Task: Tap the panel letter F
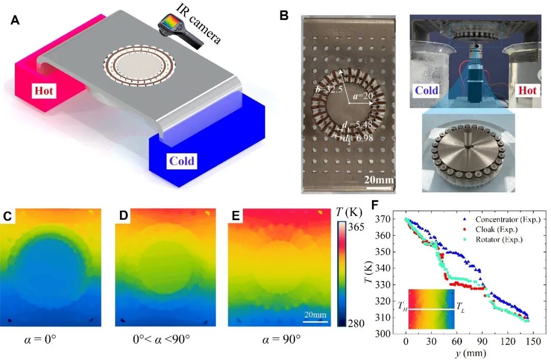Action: [375, 205]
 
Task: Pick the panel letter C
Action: [8, 216]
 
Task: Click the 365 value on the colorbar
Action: [354, 227]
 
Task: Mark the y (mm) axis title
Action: [468, 352]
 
